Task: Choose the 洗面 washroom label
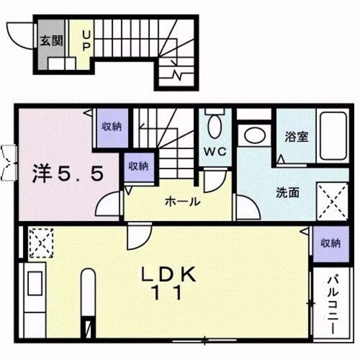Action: (x=287, y=193)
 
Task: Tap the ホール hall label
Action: (x=182, y=201)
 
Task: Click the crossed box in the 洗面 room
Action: (x=332, y=201)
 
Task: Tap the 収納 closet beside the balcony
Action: (x=330, y=243)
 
